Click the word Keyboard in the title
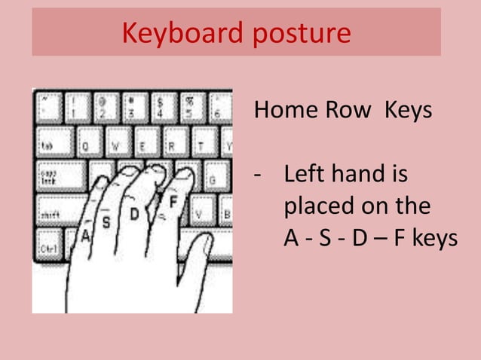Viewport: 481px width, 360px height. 173,34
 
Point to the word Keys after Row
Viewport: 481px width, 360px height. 408,111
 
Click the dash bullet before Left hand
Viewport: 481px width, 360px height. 259,176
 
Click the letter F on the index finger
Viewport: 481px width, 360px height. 173,202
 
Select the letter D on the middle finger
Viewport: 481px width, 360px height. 134,215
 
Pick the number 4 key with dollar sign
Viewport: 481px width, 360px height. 161,108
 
